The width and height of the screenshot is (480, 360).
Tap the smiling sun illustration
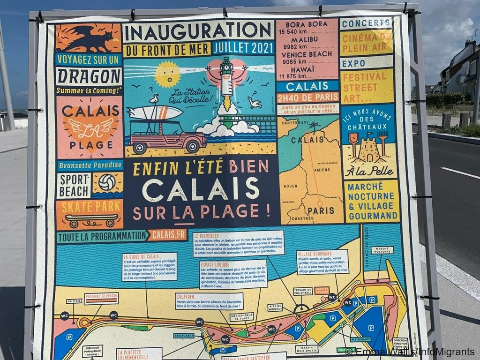pos(167,74)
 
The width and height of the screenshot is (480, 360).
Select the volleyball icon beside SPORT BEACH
pos(107,182)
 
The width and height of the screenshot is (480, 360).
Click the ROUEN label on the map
pos(290,186)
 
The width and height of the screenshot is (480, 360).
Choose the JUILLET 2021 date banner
pos(243,48)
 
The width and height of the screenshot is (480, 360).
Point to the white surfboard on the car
pos(155,112)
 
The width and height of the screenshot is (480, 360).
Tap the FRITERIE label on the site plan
pos(74,301)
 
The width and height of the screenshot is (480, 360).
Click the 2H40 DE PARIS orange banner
pos(307,97)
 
